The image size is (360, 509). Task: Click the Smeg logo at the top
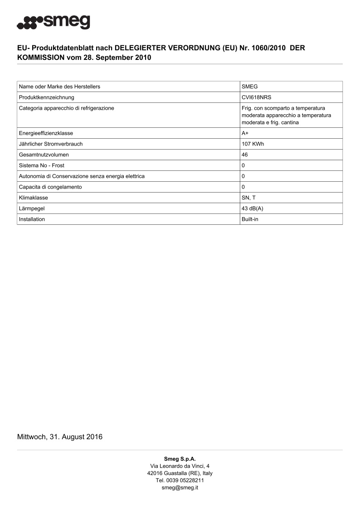tap(53, 22)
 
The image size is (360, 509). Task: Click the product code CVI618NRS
tap(256, 97)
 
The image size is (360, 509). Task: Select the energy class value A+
tap(245, 133)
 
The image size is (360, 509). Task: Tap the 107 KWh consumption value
tap(252, 144)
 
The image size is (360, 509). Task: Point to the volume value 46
tap(245, 155)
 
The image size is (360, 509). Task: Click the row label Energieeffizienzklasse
tap(46, 133)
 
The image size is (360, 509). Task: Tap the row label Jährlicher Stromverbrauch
tap(50, 144)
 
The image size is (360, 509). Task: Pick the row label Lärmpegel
tap(31, 208)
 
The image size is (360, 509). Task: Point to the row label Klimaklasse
tap(33, 198)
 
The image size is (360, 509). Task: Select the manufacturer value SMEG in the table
tap(250, 86)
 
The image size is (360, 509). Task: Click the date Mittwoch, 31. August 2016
tap(60, 437)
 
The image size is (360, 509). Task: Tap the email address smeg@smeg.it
tap(180, 488)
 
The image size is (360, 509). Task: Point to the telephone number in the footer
tap(180, 480)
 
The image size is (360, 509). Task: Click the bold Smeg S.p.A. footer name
tap(180, 459)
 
